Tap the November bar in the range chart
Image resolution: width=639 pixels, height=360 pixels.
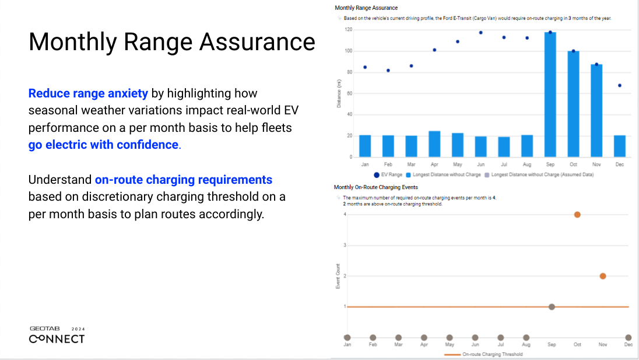tap(596, 111)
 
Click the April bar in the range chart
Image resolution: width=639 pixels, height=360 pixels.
tap(434, 144)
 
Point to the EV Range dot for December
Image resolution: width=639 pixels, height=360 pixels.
tap(619, 85)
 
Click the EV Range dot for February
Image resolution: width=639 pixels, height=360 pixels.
tap(388, 71)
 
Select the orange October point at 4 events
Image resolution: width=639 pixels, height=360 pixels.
tap(577, 215)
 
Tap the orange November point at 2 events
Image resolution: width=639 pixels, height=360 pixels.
tap(603, 276)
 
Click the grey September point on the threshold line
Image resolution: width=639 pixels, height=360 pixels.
tap(552, 307)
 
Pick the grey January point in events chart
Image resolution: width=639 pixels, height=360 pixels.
tap(347, 337)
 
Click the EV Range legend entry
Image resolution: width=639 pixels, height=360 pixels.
tap(388, 174)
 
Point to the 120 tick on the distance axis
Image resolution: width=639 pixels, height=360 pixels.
tap(348, 29)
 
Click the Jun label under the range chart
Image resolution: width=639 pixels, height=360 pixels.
tap(480, 165)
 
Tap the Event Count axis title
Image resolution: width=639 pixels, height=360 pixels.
tap(338, 276)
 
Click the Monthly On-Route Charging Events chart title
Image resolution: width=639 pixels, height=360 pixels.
tap(375, 187)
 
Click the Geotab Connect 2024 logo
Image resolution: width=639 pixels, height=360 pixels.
tap(57, 335)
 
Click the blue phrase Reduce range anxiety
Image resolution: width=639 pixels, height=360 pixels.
tap(88, 93)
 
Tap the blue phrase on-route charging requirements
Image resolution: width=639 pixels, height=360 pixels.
tap(183, 180)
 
